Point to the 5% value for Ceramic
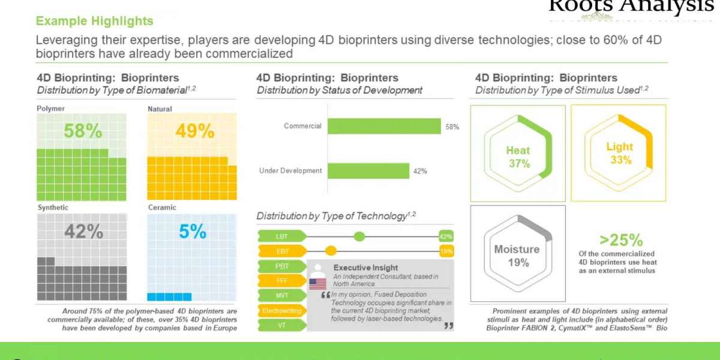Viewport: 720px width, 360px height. point(192,231)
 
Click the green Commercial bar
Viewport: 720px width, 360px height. point(384,126)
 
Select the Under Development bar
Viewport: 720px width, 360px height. point(368,171)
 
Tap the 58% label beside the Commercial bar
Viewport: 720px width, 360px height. point(452,127)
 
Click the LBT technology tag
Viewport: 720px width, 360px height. point(281,236)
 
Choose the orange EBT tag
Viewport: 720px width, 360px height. point(281,251)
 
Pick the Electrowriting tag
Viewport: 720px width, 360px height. point(281,310)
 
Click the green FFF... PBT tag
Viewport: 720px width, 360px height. point(281,266)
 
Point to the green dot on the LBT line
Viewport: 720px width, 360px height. point(359,236)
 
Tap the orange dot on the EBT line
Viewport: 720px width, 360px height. point(331,251)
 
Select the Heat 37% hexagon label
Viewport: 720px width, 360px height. point(517,157)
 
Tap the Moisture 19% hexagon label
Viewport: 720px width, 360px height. point(517,256)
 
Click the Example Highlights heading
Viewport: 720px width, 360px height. point(94,21)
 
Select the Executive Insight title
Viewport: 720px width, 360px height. point(365,268)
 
